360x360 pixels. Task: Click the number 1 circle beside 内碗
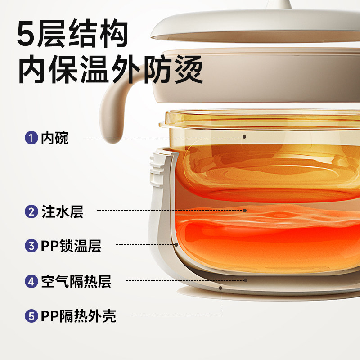(31, 137)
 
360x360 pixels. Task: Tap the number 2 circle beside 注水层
(31, 211)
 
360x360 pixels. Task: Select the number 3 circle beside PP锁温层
(31, 245)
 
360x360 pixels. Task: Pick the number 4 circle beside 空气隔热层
(31, 281)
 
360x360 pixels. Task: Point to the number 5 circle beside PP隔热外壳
(31, 315)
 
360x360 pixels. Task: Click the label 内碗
(55, 137)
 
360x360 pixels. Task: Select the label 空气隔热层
(76, 281)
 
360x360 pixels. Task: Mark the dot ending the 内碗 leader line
(244, 136)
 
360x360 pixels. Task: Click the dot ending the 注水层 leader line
(245, 210)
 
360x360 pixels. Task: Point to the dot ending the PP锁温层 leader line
(176, 245)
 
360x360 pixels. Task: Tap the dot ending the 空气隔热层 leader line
(246, 280)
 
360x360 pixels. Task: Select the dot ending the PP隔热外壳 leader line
(220, 287)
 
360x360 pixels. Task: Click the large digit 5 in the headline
(28, 32)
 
